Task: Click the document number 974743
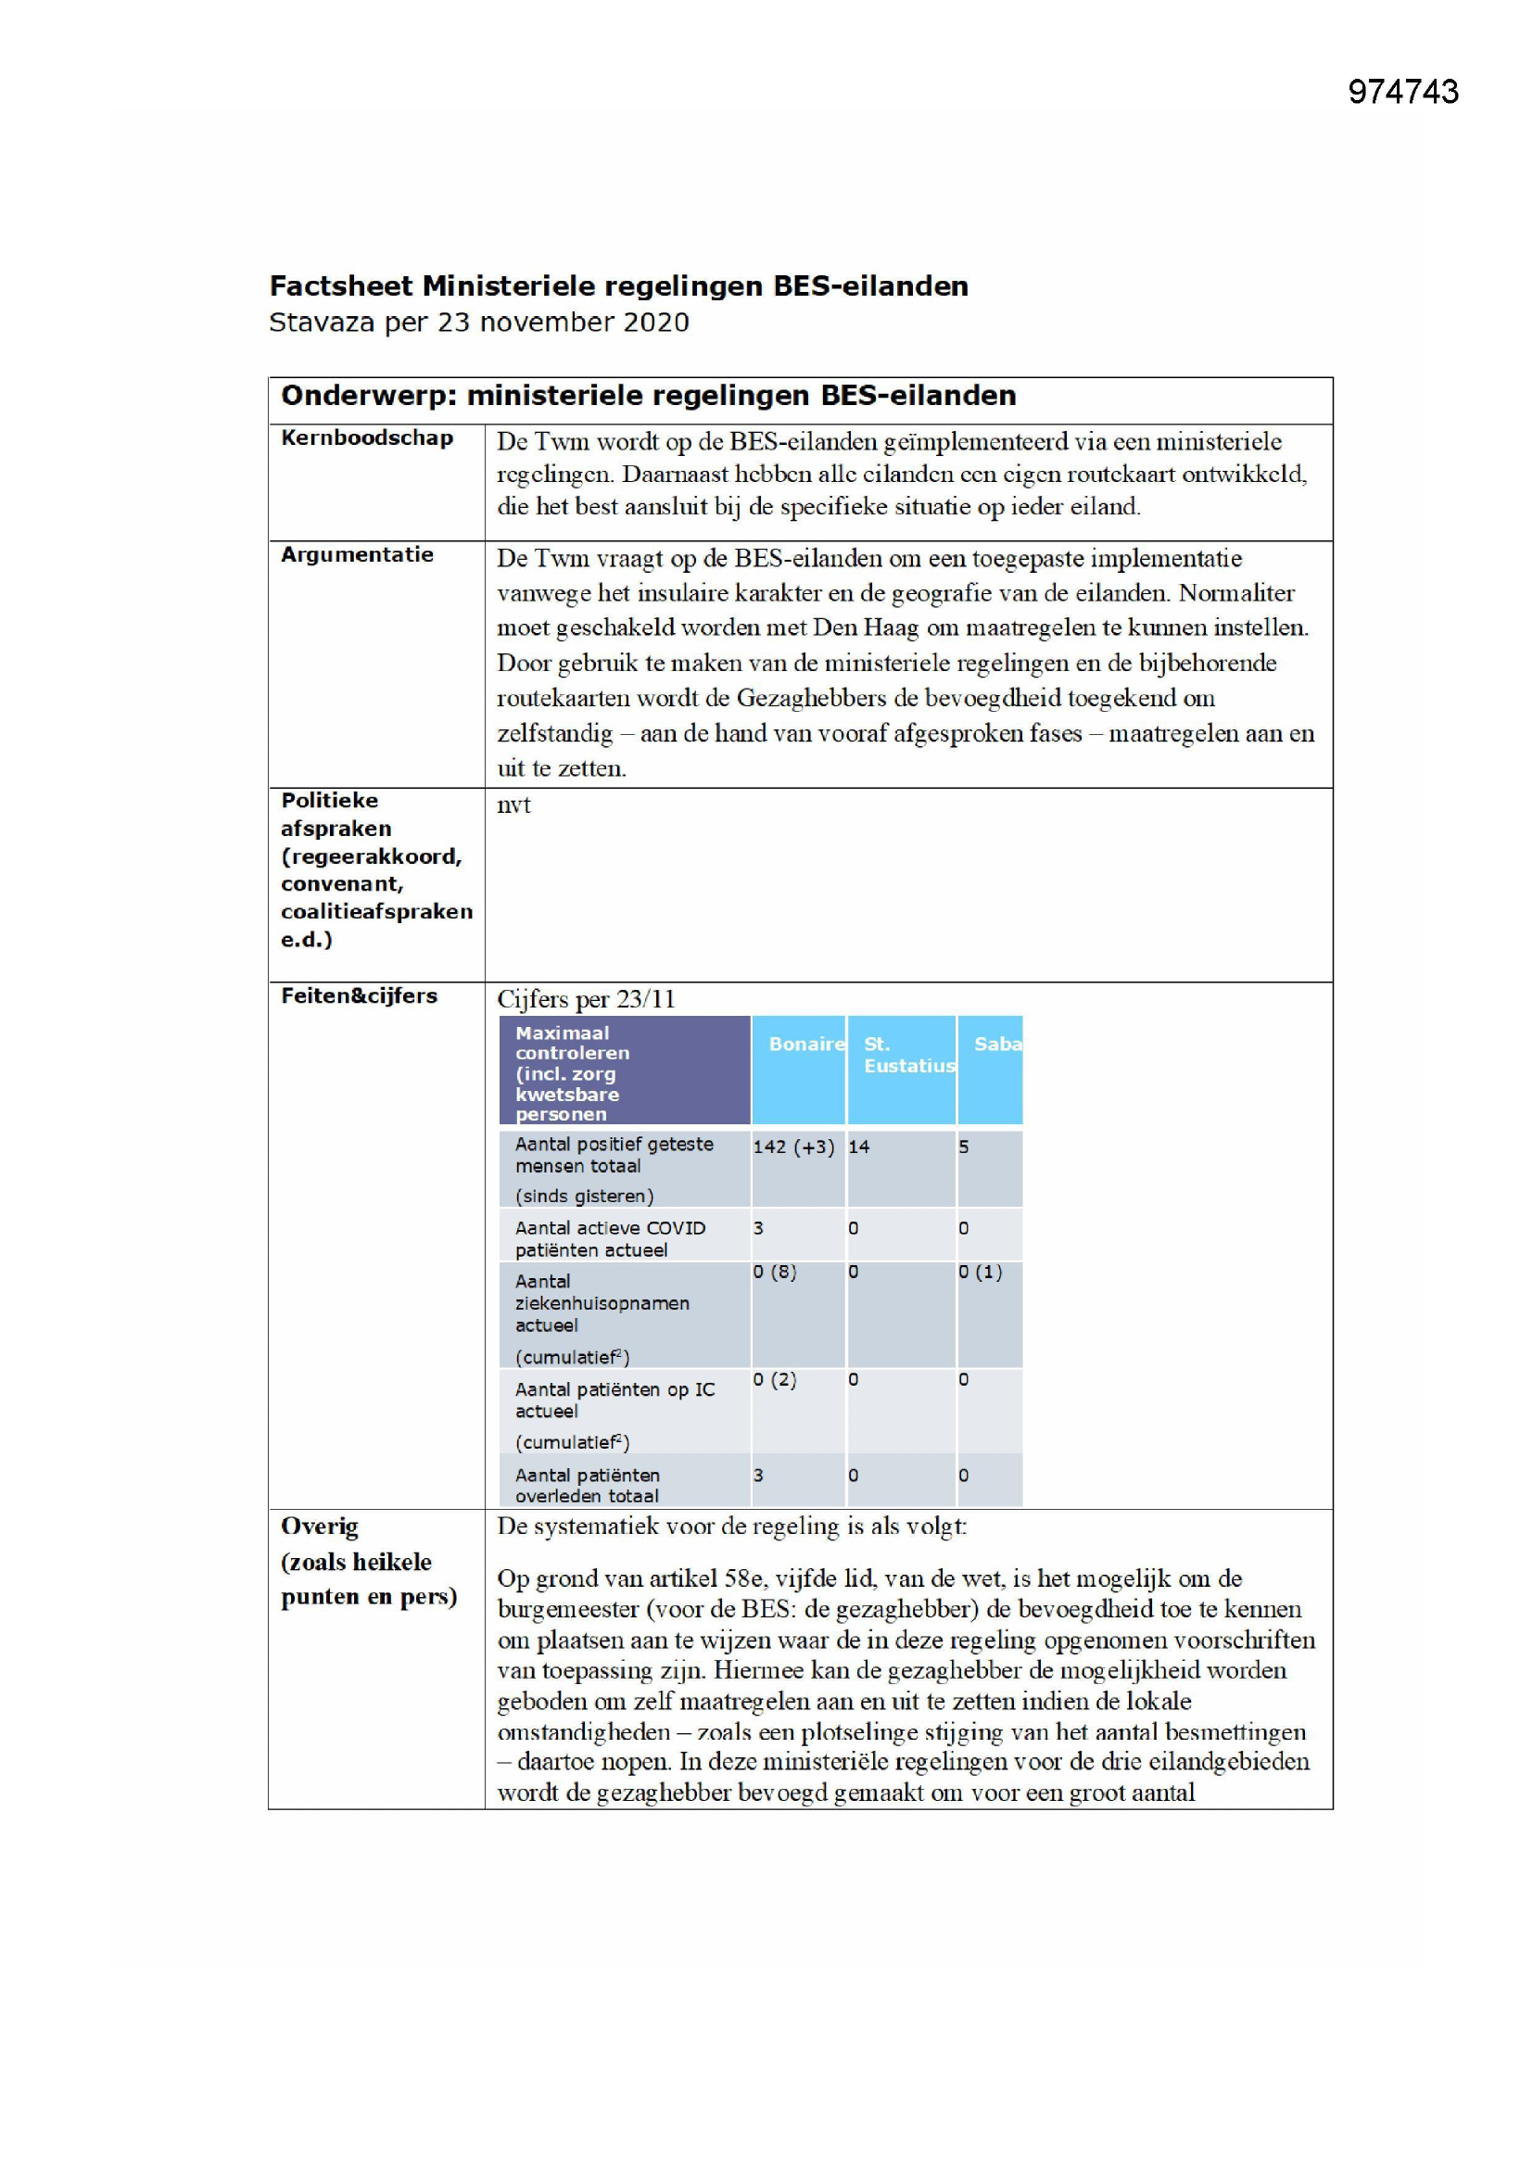tap(1402, 92)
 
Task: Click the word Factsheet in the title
tap(342, 286)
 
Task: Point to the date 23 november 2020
tap(563, 323)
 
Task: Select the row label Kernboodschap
tap(367, 437)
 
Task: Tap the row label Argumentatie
tap(357, 555)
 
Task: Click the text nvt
tap(513, 805)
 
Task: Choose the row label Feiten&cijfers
tap(359, 995)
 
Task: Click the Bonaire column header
tap(805, 1044)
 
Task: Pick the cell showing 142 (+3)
tap(793, 1147)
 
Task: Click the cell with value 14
tap(858, 1147)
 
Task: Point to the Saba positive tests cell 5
tap(964, 1147)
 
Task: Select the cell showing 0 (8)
tap(774, 1273)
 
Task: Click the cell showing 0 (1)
tap(980, 1273)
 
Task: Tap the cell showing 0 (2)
tap(774, 1380)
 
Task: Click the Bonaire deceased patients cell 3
tap(759, 1476)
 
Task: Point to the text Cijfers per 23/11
tap(585, 999)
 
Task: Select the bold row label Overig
tap(319, 1527)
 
